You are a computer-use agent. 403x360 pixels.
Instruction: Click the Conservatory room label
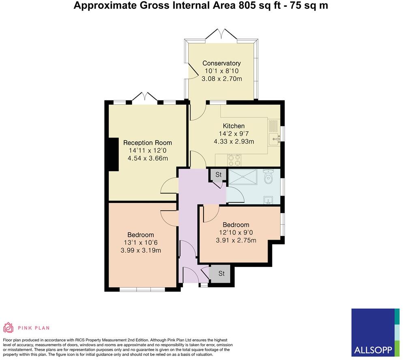pyautogui.click(x=221, y=63)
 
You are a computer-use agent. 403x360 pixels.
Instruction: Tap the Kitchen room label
pyautogui.click(x=234, y=126)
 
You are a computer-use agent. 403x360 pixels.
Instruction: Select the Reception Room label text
pyautogui.click(x=148, y=143)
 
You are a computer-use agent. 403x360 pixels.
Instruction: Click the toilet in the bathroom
pyautogui.click(x=269, y=177)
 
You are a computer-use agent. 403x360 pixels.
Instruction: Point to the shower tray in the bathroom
pyautogui.click(x=243, y=177)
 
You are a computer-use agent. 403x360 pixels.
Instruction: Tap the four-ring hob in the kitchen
pyautogui.click(x=234, y=159)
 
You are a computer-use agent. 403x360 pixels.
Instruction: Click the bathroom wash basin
pyautogui.click(x=268, y=200)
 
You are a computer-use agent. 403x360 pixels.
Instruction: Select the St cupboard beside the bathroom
pyautogui.click(x=218, y=175)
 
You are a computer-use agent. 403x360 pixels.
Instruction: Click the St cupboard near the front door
pyautogui.click(x=221, y=274)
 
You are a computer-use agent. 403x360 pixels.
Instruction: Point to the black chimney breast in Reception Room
pyautogui.click(x=112, y=154)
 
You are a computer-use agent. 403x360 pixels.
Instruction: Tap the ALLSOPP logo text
pyautogui.click(x=372, y=349)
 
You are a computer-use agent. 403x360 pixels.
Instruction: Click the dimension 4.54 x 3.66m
pyautogui.click(x=148, y=158)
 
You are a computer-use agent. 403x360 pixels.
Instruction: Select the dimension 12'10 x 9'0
pyautogui.click(x=236, y=232)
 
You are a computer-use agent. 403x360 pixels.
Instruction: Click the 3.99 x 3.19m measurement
pyautogui.click(x=141, y=250)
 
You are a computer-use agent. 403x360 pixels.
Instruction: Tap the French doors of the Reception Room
pyautogui.click(x=145, y=97)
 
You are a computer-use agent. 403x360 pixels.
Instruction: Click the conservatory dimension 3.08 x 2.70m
pyautogui.click(x=222, y=79)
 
